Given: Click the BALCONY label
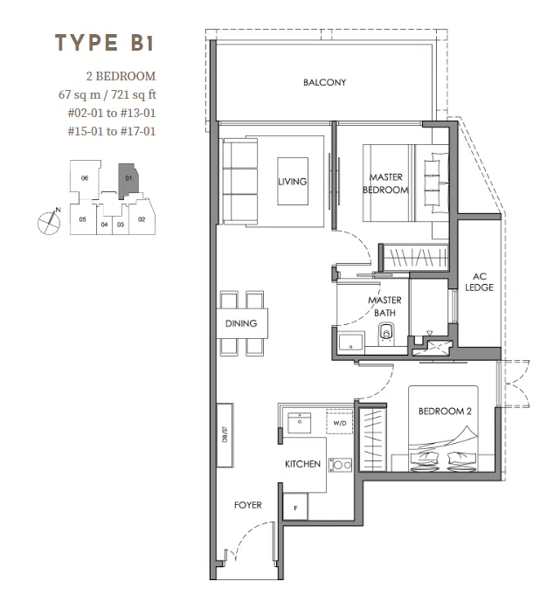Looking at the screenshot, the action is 324,82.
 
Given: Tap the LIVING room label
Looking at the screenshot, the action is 293,182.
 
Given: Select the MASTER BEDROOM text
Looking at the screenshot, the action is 385,183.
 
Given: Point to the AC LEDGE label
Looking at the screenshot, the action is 480,282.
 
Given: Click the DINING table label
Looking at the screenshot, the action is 241,323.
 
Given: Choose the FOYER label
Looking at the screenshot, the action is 248,505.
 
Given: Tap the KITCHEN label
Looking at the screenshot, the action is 302,464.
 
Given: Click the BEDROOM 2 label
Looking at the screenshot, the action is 445,411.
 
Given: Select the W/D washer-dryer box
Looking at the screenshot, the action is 340,422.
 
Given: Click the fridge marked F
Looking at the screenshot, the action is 295,507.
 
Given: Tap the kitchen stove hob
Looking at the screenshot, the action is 340,465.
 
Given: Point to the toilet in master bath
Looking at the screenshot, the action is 385,334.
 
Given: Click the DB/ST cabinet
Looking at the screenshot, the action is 225,435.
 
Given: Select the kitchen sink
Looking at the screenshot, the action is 299,423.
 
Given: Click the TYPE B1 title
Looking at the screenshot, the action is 105,43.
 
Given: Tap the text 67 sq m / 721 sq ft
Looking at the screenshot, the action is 107,94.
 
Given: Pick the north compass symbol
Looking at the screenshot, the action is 49,222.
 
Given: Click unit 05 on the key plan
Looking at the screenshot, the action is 83,219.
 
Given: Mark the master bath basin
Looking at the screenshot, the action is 351,343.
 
